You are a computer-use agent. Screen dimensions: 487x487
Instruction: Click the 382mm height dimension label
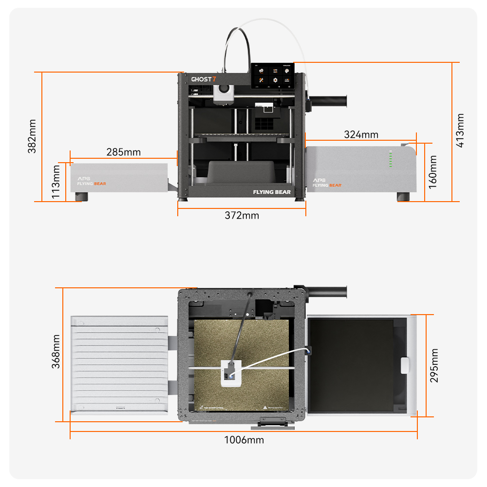coord(32,136)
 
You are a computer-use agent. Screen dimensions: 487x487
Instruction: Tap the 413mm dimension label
coord(460,130)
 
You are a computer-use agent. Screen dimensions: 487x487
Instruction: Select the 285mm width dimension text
coord(123,152)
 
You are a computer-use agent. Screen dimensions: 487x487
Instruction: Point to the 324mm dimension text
coord(361,134)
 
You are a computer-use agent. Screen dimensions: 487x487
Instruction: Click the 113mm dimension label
coord(57,181)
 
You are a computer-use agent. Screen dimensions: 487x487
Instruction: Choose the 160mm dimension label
coord(433,172)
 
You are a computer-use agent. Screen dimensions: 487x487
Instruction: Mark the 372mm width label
coord(242,215)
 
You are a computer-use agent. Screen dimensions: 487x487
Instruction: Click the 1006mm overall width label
coord(243,440)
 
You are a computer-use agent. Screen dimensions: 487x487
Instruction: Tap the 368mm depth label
coord(57,352)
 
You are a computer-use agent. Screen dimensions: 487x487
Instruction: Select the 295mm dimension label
coord(434,365)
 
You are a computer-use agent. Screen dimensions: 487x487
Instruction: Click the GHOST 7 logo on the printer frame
coord(203,79)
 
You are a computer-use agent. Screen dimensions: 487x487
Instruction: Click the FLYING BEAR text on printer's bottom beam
coord(271,192)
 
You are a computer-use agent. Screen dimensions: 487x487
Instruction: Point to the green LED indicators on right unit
coord(390,159)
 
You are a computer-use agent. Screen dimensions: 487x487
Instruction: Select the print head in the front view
coord(224,93)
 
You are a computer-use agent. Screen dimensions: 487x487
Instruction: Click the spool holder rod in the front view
coord(330,100)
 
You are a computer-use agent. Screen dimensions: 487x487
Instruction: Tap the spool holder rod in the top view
coord(327,291)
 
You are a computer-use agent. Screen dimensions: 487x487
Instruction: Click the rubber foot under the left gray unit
coord(81,197)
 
